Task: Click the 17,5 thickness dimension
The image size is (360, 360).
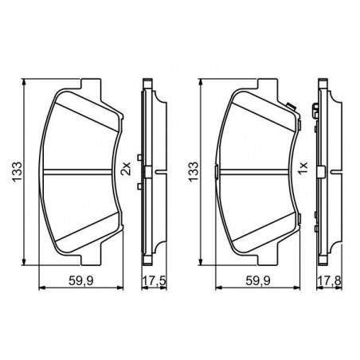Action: coord(155,280)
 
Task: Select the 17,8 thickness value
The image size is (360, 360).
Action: coord(330,280)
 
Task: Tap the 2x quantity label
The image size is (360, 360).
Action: coord(126,169)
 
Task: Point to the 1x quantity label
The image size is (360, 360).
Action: coord(303,169)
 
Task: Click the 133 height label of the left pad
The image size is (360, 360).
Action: coord(17,171)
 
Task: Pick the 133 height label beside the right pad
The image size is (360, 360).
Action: coord(193,171)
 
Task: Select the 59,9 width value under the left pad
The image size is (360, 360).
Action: coord(80,280)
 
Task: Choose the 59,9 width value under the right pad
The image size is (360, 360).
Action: coord(257,280)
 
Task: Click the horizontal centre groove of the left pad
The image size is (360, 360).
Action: coord(77,172)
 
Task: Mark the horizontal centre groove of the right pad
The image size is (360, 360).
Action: coord(254,172)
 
